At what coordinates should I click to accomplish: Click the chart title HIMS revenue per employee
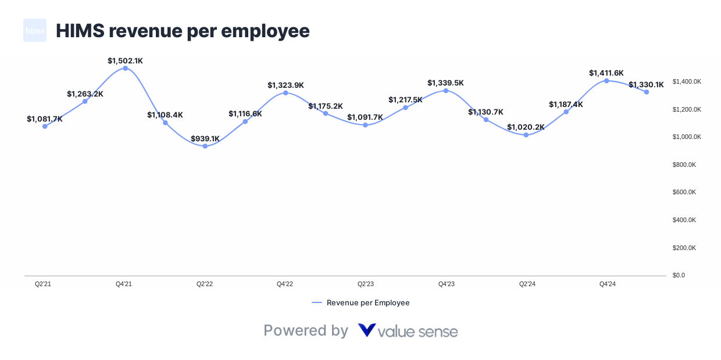[183, 31]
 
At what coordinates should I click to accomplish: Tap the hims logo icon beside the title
[35, 30]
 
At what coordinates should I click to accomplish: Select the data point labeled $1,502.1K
[125, 68]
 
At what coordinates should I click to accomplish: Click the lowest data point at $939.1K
[205, 146]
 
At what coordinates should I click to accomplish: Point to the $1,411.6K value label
[606, 73]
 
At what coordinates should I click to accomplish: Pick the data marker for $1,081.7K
[45, 126]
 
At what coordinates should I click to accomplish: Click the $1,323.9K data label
[285, 85]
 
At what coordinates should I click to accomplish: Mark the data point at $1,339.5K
[446, 91]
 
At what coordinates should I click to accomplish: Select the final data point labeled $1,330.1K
[646, 92]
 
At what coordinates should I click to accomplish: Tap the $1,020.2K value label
[526, 127]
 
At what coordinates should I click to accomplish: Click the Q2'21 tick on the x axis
[43, 284]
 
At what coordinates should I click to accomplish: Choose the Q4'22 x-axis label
[284, 284]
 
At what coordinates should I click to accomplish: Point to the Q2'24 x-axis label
[527, 284]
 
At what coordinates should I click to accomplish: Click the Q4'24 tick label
[608, 284]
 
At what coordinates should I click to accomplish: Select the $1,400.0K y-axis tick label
[687, 81]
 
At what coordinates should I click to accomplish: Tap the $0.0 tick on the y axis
[679, 275]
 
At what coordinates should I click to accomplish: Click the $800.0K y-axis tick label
[684, 165]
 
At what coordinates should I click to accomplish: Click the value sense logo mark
[367, 330]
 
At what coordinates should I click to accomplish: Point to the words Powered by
[306, 330]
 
